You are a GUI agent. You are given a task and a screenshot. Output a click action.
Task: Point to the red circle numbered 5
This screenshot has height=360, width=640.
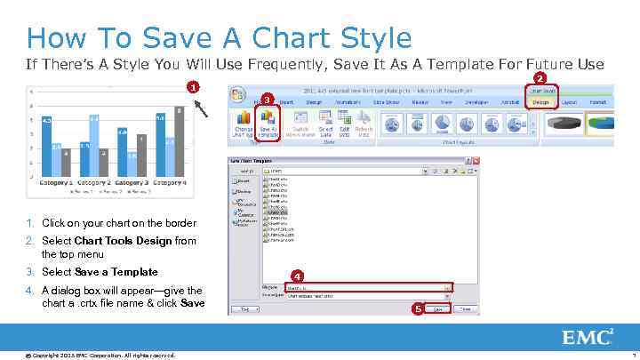pos(417,309)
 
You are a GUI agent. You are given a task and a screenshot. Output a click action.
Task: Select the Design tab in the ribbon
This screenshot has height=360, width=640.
pos(540,102)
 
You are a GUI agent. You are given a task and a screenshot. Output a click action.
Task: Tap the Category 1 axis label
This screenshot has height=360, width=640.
pos(55,182)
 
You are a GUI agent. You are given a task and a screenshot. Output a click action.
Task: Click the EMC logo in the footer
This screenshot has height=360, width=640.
pos(588,337)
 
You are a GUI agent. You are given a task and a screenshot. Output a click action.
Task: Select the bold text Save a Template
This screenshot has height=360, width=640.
pos(116,272)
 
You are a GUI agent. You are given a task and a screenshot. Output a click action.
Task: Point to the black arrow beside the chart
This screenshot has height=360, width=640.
pos(203,107)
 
